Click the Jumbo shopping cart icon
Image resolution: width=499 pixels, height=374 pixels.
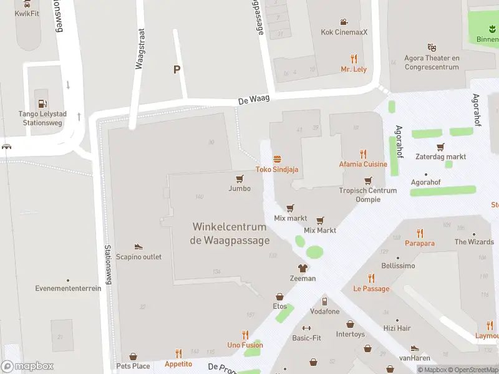tap(240, 179)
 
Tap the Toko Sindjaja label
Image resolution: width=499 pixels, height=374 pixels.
tap(277, 170)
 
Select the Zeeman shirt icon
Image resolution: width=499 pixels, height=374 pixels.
tap(303, 268)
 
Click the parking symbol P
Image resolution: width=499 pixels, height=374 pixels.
tap(177, 70)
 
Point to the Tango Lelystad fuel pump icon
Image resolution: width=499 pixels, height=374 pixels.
tap(42, 103)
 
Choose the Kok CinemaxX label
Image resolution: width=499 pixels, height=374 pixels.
tap(343, 32)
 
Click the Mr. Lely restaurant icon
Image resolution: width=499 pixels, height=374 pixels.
tap(354, 59)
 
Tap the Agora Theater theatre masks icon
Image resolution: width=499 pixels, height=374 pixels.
tap(431, 47)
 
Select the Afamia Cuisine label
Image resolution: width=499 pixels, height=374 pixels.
tap(363, 165)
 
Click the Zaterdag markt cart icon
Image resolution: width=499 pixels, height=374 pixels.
tap(440, 147)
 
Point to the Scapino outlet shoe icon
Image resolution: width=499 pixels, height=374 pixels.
tap(138, 247)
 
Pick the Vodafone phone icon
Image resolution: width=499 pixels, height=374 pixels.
tap(324, 302)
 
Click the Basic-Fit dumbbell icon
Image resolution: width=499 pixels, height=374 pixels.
tap(306, 328)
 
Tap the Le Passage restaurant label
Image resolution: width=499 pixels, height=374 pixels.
tap(371, 289)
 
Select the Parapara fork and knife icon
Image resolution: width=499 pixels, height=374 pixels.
tap(420, 233)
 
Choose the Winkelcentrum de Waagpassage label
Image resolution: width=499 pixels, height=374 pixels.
tap(231, 234)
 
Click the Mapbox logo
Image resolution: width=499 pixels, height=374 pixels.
tap(27, 367)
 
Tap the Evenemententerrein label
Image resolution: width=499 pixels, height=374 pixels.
tap(60, 289)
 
